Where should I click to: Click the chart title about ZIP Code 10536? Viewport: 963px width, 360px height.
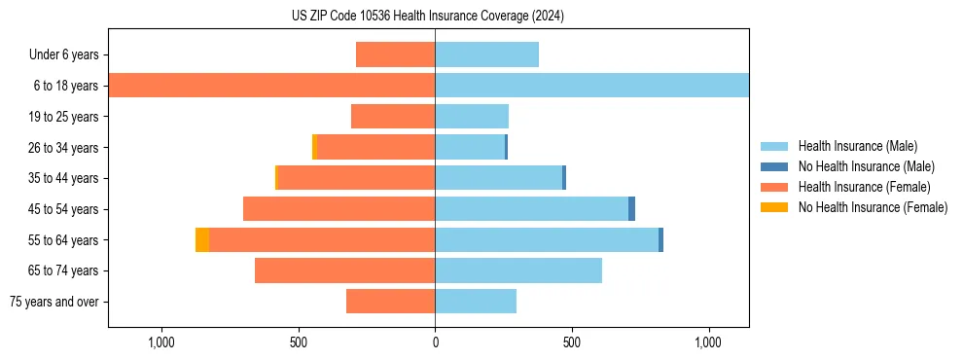coord(427,17)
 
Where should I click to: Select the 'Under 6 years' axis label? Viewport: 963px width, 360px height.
coord(69,54)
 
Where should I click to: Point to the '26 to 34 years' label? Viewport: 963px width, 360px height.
coord(64,148)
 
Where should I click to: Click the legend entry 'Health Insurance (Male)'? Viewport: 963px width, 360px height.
coord(857,146)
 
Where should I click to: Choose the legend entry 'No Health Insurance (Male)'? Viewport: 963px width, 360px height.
coord(866,166)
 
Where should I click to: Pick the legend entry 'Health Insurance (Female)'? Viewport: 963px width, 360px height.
coord(864,187)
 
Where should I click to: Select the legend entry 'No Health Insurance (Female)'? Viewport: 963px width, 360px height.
coord(873,207)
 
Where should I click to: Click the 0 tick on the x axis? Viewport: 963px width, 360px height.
coord(435,342)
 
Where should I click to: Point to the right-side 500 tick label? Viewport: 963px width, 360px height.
coord(572,342)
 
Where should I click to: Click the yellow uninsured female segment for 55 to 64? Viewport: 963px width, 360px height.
coord(202,239)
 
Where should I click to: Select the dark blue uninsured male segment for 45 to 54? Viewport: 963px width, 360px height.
coord(631,208)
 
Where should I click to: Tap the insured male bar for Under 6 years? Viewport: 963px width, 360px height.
coord(486,54)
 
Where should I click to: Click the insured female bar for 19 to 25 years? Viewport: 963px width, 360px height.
coord(393,117)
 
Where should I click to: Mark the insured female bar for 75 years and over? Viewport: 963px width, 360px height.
coord(390,302)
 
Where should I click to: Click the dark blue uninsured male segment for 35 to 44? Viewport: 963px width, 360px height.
coord(564,178)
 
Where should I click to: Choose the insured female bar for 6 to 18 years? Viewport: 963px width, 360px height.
coord(271,86)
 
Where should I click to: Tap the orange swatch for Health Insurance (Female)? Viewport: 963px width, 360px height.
coord(774,187)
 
